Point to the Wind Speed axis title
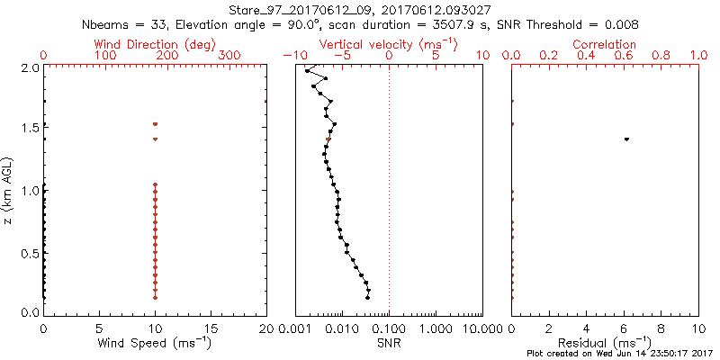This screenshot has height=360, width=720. (x=155, y=343)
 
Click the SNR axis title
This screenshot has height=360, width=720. (x=389, y=343)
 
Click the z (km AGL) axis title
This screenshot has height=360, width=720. (x=9, y=190)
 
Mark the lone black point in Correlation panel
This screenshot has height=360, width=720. (x=626, y=139)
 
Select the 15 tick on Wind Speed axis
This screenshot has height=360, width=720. (x=211, y=328)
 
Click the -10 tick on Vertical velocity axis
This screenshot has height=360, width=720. (x=291, y=56)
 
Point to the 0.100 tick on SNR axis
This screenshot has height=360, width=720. (x=389, y=328)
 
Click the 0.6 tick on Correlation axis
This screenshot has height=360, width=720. (x=624, y=56)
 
